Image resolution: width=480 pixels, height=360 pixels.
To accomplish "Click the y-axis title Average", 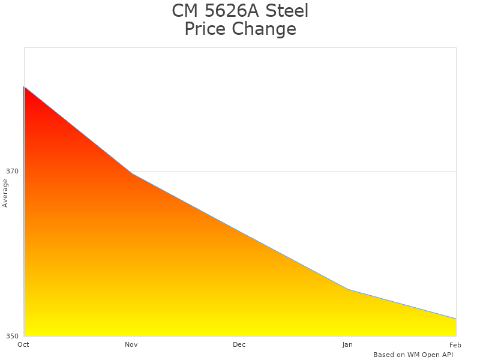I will click(5, 193).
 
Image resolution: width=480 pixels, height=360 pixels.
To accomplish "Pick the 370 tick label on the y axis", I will click(13, 171).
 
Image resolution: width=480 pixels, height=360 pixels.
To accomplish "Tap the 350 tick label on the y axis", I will click(13, 336).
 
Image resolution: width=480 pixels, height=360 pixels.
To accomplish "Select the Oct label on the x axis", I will click(23, 344).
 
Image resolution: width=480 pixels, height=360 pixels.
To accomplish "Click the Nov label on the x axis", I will click(131, 344).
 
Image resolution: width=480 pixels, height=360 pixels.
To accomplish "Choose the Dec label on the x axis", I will click(239, 344).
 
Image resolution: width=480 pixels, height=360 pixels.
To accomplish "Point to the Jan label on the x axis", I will click(347, 344).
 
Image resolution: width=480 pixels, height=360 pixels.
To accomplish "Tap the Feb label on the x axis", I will click(455, 344).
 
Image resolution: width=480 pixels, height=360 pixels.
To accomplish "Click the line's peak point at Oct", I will click(24, 86).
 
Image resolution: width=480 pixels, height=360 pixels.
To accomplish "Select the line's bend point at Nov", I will click(132, 173).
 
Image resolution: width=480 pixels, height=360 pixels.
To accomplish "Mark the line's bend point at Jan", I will click(348, 290).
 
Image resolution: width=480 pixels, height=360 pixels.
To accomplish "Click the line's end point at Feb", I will click(456, 319).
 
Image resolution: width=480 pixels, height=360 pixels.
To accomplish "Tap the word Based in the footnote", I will click(383, 355).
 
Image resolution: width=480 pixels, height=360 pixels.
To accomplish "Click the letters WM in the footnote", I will click(414, 355).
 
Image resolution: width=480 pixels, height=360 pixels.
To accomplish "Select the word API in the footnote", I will click(446, 355).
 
